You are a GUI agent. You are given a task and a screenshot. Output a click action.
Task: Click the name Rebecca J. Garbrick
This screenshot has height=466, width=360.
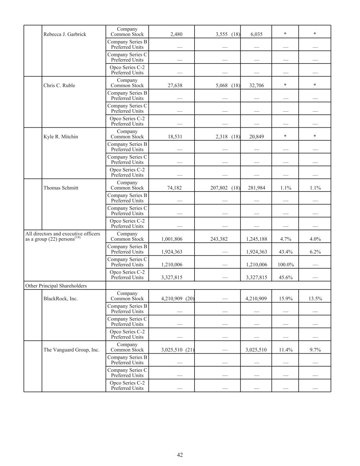64,34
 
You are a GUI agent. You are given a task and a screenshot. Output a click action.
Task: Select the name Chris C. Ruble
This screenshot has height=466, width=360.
59,85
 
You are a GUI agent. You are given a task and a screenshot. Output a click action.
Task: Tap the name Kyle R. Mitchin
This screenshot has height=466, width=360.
60,137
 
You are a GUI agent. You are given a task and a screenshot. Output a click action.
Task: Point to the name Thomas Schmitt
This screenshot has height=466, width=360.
61,188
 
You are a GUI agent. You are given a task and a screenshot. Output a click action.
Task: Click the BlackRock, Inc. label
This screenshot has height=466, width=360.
60,298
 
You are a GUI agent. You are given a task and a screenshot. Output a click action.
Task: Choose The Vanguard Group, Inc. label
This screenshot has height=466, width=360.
71,350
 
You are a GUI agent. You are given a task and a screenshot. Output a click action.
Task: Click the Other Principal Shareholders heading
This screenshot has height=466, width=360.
56,286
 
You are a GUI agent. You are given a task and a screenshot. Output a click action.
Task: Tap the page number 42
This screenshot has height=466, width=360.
180,455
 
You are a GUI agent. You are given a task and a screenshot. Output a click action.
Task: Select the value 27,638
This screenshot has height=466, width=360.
175,85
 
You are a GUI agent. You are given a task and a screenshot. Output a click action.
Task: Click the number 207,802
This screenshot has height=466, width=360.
219,188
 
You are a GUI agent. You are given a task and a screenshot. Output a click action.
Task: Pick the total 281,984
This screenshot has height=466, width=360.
256,188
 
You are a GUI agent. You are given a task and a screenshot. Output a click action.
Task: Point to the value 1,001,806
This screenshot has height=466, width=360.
172,239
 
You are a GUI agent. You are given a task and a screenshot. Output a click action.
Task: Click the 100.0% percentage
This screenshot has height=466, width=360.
285,265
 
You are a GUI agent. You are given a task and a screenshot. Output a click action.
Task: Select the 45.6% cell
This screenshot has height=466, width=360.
285,277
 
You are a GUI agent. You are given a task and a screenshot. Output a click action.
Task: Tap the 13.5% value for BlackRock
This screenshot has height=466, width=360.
315,298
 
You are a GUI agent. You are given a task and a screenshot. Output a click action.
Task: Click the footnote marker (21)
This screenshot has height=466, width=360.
190,350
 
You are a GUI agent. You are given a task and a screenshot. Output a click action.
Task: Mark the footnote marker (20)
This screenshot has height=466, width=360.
190,298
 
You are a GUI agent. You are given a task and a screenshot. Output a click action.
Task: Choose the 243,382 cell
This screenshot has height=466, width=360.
219,239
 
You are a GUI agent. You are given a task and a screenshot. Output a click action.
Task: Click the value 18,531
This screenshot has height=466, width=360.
175,137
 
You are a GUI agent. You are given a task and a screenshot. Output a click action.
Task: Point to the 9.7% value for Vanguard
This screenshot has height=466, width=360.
315,350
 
